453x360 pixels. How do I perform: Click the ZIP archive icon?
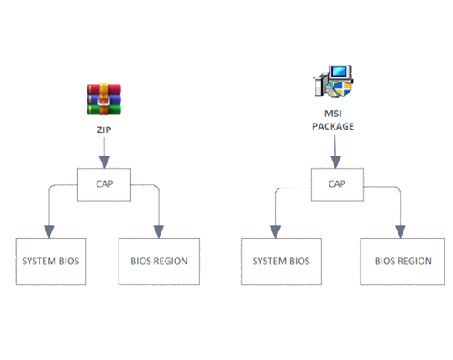[x=103, y=99]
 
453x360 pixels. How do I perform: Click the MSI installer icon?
[x=333, y=81]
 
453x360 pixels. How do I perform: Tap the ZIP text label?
[x=104, y=130]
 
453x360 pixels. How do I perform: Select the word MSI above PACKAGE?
[x=333, y=114]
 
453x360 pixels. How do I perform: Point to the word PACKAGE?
[x=333, y=126]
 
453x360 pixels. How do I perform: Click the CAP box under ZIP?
[x=104, y=185]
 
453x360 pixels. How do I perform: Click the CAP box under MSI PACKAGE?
[x=337, y=185]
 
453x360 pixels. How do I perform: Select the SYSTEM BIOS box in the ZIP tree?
[x=50, y=262]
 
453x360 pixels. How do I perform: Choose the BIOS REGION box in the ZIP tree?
[x=159, y=262]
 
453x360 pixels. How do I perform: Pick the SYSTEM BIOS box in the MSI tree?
[x=282, y=262]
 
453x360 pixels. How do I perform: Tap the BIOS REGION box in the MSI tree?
[x=402, y=262]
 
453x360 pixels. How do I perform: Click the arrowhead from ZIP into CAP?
[x=104, y=162]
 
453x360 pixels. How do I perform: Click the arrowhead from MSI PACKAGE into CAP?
[x=335, y=162]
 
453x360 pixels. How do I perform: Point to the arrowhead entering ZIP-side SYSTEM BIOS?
[x=49, y=232]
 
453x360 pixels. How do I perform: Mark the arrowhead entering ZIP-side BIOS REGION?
[x=159, y=232]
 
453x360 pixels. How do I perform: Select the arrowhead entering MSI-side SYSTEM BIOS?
[x=276, y=232]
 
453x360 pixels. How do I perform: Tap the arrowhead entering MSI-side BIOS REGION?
[x=400, y=232]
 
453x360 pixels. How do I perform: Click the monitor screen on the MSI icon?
[x=340, y=71]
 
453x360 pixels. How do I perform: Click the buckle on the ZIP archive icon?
[x=103, y=100]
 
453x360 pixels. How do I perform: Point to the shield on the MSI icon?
[x=343, y=88]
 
